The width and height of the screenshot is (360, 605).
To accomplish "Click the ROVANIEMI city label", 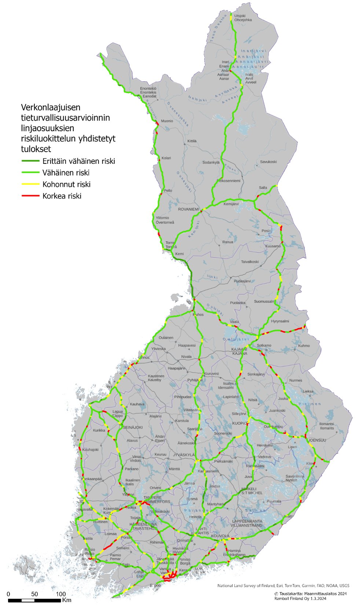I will tap(188, 209).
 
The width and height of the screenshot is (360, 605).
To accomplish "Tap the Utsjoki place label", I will tap(239, 16).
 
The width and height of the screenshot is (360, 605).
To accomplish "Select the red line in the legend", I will tap(30, 196).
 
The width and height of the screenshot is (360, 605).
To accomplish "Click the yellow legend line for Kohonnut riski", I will tap(30, 184).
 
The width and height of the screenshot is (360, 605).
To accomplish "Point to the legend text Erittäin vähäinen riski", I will tap(78, 161).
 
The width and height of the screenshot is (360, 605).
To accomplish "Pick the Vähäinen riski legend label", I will tap(66, 173).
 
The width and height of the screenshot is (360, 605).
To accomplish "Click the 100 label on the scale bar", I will tap(60, 594).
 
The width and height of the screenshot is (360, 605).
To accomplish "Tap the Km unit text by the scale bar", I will tap(67, 600).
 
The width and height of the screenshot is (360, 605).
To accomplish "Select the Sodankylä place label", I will tap(211, 162).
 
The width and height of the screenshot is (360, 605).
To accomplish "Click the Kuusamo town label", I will tap(273, 246).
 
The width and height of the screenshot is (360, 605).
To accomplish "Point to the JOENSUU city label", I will tap(317, 440).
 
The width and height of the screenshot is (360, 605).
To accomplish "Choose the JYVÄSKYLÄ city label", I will tap(184, 455).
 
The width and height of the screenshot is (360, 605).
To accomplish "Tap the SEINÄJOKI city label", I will tap(132, 428).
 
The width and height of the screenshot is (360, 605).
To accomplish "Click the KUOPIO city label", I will tap(239, 423).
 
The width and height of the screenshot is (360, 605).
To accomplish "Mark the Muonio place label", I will tap(167, 121).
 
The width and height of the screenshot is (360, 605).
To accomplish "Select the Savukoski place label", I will tap(268, 162).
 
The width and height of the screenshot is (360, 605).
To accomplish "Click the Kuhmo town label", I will tap(304, 345).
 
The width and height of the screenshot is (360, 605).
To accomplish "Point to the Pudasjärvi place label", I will tap(242, 281).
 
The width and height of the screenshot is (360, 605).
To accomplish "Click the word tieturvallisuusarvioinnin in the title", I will tap(65, 118).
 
